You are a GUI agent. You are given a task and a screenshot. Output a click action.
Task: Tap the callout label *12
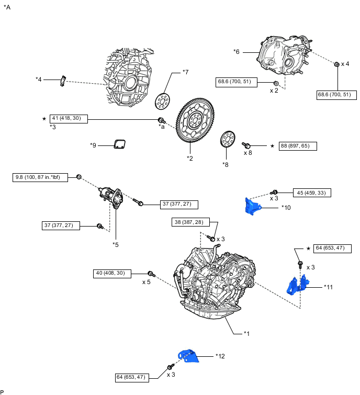[220, 356]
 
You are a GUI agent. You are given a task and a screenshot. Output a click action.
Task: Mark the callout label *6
[237, 51]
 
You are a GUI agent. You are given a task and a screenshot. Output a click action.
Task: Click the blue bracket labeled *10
[253, 206]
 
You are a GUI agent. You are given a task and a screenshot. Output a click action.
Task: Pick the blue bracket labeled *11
[296, 286]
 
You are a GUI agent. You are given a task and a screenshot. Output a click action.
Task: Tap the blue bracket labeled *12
[189, 355]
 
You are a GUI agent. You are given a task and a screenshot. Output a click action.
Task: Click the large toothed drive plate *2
[198, 120]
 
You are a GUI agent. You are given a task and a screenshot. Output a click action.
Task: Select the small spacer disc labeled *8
[228, 140]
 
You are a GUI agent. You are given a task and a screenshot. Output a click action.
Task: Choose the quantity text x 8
[248, 153]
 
